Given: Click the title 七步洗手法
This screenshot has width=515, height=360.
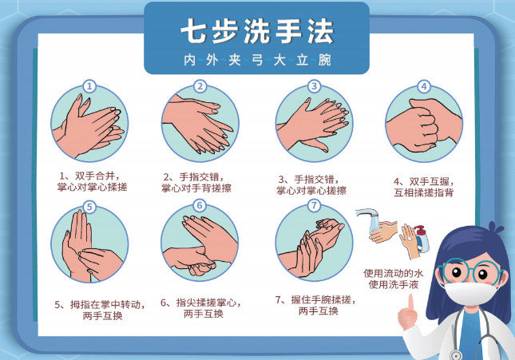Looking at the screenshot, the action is [x=257, y=31].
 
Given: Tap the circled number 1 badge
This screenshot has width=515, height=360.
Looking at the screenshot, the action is [x=89, y=86].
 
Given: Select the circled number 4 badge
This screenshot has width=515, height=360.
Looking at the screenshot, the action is [x=424, y=86].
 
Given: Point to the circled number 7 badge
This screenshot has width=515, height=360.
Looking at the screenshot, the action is [x=314, y=206].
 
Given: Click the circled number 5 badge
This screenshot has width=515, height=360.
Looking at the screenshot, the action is [x=89, y=207].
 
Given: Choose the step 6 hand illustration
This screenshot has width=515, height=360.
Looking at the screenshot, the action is [x=200, y=243].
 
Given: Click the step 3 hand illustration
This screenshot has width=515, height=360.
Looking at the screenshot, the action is [x=314, y=124].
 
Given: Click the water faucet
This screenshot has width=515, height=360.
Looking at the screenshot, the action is [x=367, y=216].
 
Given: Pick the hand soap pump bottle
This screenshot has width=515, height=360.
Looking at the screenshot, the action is [x=422, y=239].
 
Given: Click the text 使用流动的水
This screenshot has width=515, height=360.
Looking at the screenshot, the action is [x=393, y=273].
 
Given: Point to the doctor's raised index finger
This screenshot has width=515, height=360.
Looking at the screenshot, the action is [x=410, y=303].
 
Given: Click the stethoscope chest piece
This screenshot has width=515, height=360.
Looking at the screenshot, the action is [x=456, y=354].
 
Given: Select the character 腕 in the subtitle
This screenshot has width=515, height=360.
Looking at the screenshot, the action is [x=324, y=60].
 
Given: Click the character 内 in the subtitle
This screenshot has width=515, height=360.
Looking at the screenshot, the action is [x=190, y=60].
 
